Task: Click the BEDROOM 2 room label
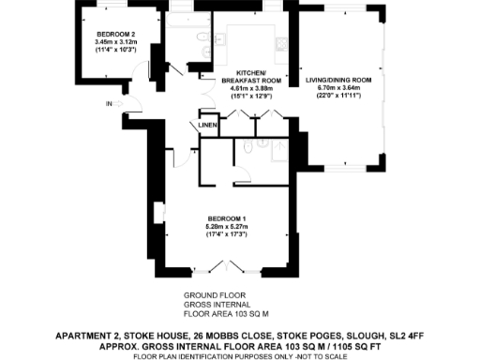coord(116,35)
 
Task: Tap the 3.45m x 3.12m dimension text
coord(116,42)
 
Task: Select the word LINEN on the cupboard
coord(208,125)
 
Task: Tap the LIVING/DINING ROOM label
coord(339,81)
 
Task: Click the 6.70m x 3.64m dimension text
coord(339,88)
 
